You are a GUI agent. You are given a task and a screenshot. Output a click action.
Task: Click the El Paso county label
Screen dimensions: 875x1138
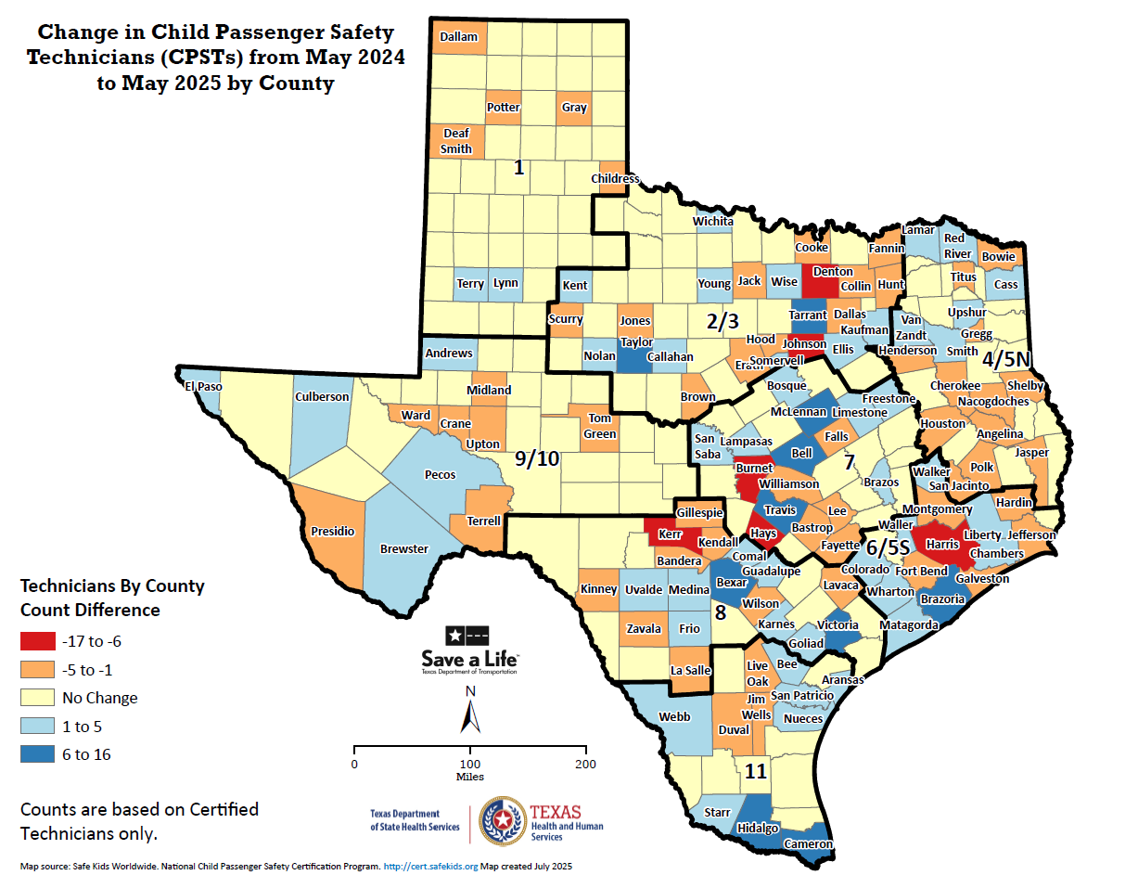click(x=203, y=386)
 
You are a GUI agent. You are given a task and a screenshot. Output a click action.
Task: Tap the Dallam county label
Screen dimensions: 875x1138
click(x=458, y=37)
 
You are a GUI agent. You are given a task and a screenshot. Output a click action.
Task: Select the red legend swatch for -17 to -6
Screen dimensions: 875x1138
click(x=36, y=641)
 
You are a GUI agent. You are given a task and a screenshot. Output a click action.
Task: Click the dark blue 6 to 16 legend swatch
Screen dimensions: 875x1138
click(x=36, y=754)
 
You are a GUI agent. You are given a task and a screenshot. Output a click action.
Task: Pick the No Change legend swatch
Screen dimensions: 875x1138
click(x=36, y=698)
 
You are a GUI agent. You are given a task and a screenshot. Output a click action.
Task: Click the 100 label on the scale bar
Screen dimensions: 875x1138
click(x=470, y=764)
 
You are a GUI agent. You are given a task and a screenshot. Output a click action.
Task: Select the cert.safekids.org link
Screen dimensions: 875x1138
click(x=430, y=866)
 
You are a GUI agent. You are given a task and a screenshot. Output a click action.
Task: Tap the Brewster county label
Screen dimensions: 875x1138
click(x=404, y=548)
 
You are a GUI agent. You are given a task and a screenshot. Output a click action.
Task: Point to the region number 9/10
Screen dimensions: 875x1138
click(x=538, y=458)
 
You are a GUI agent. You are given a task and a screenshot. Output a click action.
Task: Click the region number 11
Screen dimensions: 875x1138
click(x=756, y=770)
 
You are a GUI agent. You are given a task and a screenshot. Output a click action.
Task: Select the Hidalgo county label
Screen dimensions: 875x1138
click(x=758, y=828)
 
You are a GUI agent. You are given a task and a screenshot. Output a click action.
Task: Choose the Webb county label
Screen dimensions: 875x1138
click(x=674, y=716)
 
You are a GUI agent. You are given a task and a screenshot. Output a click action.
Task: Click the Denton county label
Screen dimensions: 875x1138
click(x=833, y=272)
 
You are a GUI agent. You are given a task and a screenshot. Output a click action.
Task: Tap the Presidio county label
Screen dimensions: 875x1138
click(x=332, y=531)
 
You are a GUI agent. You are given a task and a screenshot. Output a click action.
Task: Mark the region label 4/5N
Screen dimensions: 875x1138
click(x=1007, y=357)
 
